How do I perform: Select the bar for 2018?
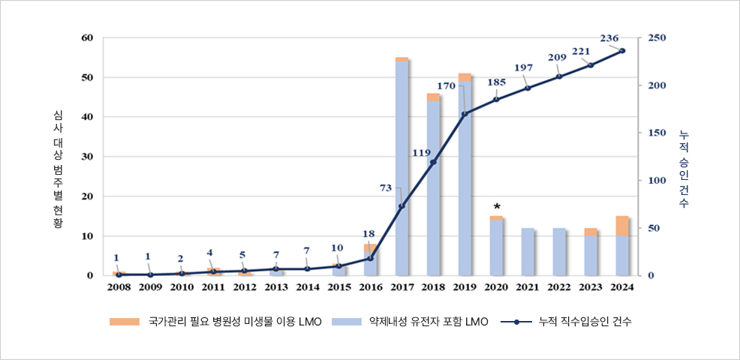(x=433, y=187)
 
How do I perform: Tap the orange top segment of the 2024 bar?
(x=622, y=226)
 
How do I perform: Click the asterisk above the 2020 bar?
(x=496, y=206)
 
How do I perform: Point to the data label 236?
(x=609, y=38)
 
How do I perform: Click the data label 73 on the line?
(x=386, y=187)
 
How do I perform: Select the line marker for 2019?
(x=465, y=114)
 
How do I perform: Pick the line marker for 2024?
(x=622, y=51)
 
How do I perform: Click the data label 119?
(x=422, y=153)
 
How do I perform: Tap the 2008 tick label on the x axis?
(x=119, y=286)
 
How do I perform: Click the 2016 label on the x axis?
(x=370, y=286)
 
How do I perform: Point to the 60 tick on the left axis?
(x=87, y=37)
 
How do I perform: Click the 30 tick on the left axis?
(x=87, y=157)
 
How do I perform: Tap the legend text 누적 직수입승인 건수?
(x=585, y=322)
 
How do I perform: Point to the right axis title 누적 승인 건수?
(x=683, y=169)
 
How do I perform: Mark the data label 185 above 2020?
(x=496, y=82)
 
